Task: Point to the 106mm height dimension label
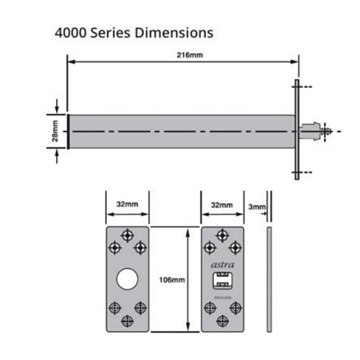(175, 279)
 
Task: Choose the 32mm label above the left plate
(127, 205)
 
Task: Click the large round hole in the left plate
(128, 279)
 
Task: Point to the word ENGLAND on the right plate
(222, 294)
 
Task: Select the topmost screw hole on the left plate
(128, 235)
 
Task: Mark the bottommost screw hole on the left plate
(128, 321)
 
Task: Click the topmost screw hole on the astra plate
(222, 235)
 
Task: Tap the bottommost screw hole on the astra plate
(222, 321)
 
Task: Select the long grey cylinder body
(180, 132)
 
